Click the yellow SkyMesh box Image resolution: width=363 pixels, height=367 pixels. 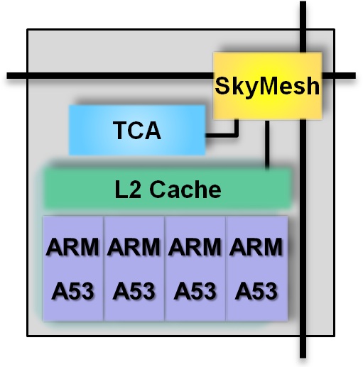pos(268,85)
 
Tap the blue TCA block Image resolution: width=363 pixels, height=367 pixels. pos(137,130)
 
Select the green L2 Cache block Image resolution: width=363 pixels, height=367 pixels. pos(168,189)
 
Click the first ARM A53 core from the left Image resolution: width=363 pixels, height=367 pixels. pos(73,268)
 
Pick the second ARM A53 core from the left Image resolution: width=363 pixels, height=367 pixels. pos(134,268)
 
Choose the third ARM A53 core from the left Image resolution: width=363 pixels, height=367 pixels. pos(195,268)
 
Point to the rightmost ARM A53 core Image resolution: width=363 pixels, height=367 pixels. pos(257,268)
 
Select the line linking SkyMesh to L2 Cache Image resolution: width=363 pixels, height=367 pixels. pos(267,144)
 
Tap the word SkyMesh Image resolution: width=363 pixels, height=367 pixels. pos(267,86)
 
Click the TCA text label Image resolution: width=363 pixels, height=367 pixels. pos(137,130)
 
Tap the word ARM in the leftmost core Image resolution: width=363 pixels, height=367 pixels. pos(72,247)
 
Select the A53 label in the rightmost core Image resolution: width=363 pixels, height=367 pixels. pos(256,291)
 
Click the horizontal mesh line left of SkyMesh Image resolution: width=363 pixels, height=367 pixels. pos(110,76)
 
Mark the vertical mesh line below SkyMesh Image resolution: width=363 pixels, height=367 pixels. pos(303,239)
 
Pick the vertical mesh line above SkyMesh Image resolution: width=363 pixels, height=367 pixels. pos(303,26)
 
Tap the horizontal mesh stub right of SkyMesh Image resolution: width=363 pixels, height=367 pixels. pos(339,76)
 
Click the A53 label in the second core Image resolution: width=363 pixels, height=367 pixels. pos(134,291)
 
